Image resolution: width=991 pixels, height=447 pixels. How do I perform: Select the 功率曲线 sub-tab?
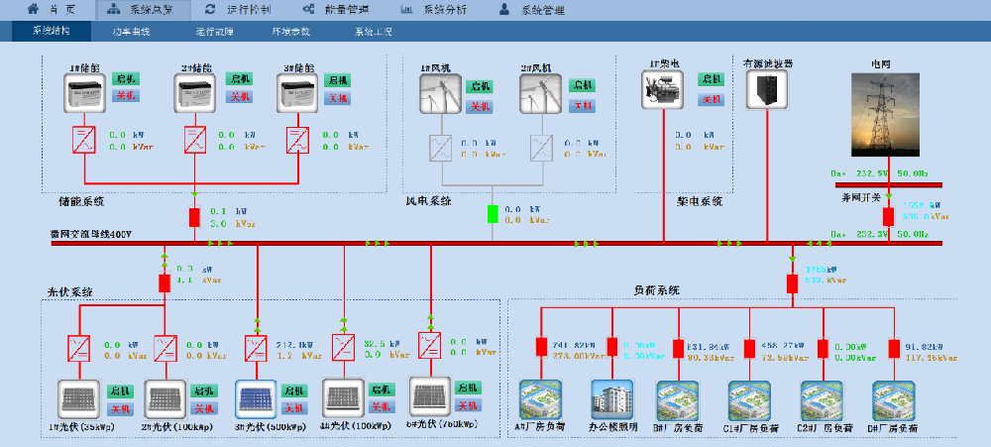coord(131,32)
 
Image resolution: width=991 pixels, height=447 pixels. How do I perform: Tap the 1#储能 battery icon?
coord(84,94)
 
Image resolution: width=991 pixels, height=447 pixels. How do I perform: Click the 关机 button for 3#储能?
coord(337,97)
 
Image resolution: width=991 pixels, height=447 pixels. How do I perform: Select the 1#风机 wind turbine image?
coord(439,94)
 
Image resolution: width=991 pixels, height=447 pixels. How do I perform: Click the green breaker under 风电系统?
coord(493,214)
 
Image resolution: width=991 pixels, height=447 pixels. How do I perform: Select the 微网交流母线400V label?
coord(91,234)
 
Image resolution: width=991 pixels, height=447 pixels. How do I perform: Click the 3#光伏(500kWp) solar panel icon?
coord(255,399)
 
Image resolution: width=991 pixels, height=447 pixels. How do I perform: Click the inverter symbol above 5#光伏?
coord(429,343)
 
